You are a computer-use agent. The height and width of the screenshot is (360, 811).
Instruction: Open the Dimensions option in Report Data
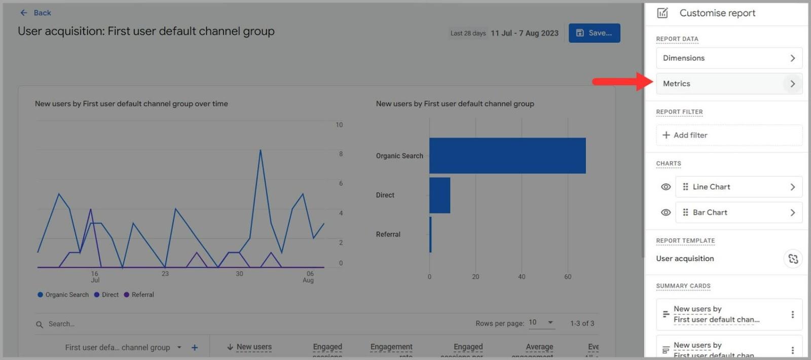(728, 58)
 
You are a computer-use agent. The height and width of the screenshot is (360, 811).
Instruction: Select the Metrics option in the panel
(728, 84)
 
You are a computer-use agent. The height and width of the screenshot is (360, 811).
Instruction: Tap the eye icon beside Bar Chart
(666, 212)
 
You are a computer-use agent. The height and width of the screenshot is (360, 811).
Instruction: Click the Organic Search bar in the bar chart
(507, 156)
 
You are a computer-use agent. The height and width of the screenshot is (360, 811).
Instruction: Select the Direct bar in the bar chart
(439, 195)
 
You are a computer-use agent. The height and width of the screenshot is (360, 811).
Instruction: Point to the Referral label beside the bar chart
(388, 234)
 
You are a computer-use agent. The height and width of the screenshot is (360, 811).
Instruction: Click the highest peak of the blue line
(261, 151)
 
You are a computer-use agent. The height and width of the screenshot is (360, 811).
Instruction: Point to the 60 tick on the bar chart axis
(568, 277)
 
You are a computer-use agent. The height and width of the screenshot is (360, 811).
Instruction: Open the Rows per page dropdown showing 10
(541, 322)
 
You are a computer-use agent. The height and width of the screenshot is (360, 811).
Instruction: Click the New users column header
(253, 347)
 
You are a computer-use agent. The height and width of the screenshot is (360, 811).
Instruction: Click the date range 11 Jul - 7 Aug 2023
(524, 33)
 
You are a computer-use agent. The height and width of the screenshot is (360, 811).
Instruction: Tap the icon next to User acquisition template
(793, 259)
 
